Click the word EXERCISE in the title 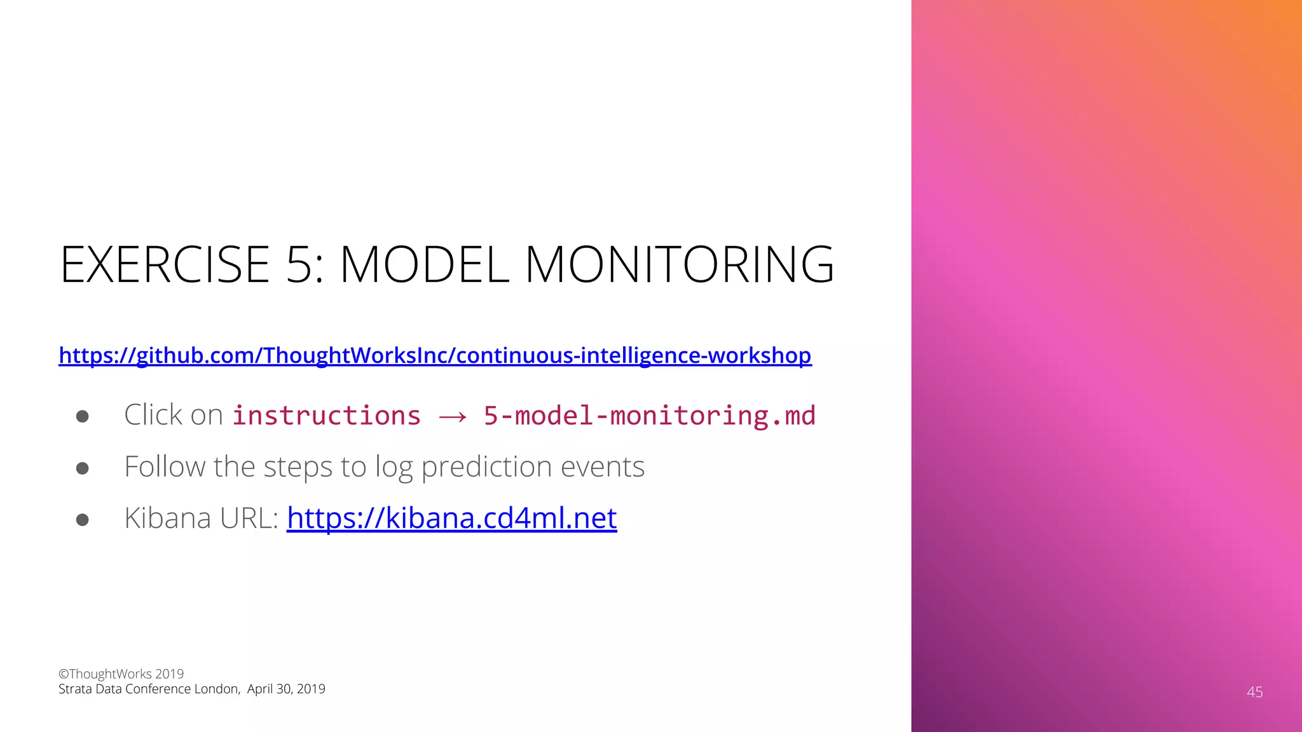click(165, 264)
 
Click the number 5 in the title click(299, 264)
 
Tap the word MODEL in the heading click(425, 264)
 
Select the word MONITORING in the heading click(679, 264)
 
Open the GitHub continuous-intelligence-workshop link click(435, 355)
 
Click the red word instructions click(327, 416)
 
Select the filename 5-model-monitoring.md click(649, 416)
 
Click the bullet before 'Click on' click(82, 417)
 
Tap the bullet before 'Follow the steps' click(82, 468)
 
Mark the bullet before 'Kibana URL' click(82, 520)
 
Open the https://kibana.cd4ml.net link click(451, 518)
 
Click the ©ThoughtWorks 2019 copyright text click(121, 674)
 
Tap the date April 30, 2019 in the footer click(286, 689)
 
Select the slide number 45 click(1254, 692)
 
